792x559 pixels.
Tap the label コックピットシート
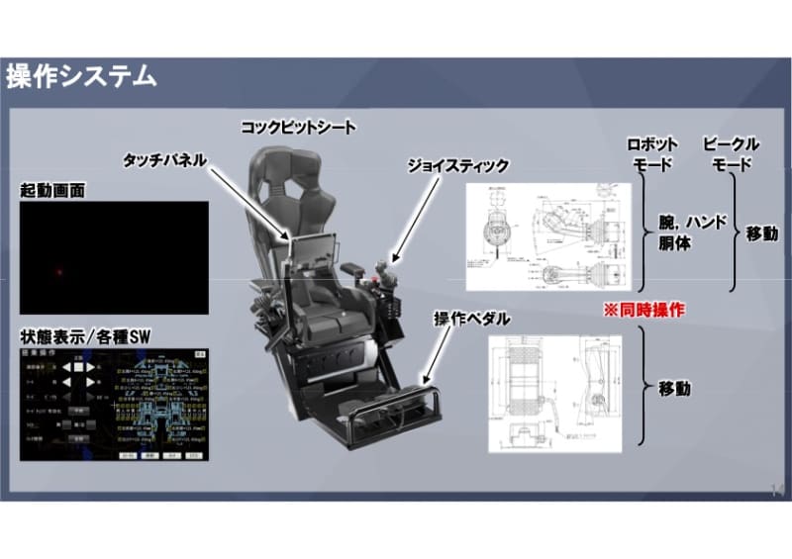(x=298, y=128)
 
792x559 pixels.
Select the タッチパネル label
(x=164, y=158)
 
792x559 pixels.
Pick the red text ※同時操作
(x=644, y=310)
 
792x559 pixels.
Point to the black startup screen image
(x=114, y=257)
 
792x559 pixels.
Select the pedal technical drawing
(x=554, y=392)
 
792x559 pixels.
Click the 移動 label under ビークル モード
(x=761, y=234)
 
